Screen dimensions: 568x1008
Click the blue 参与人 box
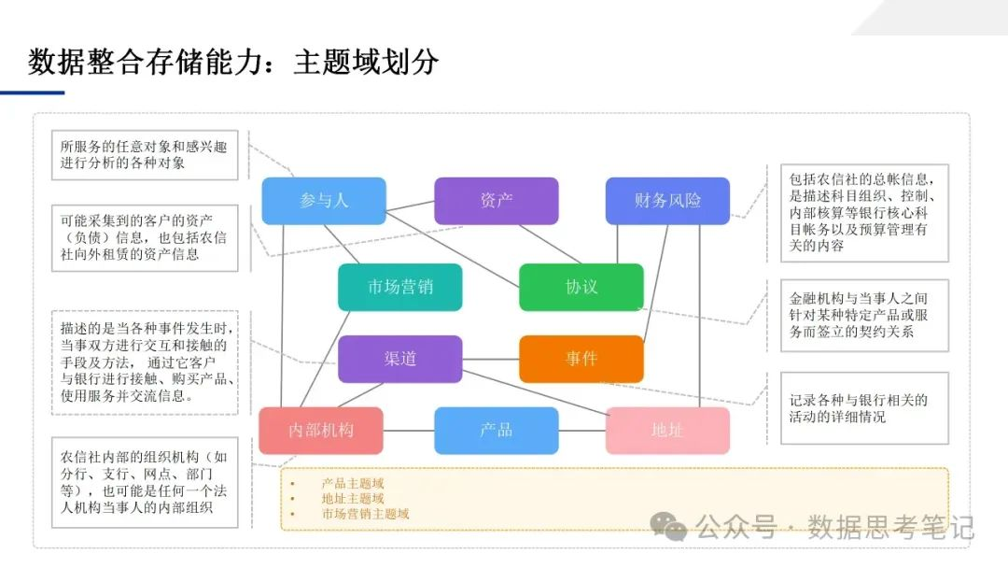[x=323, y=201]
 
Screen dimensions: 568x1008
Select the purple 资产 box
[x=496, y=201]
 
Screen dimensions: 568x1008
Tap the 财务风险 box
[x=666, y=201]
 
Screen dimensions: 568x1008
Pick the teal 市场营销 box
[x=399, y=287]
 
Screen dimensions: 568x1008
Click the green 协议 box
[x=581, y=287]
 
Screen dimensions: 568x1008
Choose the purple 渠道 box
[x=399, y=359]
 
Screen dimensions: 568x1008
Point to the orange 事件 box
[x=581, y=359]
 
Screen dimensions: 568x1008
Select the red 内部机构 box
[x=320, y=431]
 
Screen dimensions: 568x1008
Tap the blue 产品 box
[x=496, y=431]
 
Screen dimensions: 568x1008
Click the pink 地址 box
[x=666, y=431]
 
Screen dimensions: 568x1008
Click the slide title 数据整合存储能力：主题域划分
[x=233, y=63]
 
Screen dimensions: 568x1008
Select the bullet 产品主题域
[x=353, y=484]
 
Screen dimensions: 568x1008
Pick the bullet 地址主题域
[x=353, y=499]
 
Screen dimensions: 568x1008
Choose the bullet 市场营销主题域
[x=365, y=514]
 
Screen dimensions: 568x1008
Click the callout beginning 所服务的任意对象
[x=144, y=154]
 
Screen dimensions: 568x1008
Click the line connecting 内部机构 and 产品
[x=408, y=431]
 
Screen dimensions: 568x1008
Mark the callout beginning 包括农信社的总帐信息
[x=855, y=212]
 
